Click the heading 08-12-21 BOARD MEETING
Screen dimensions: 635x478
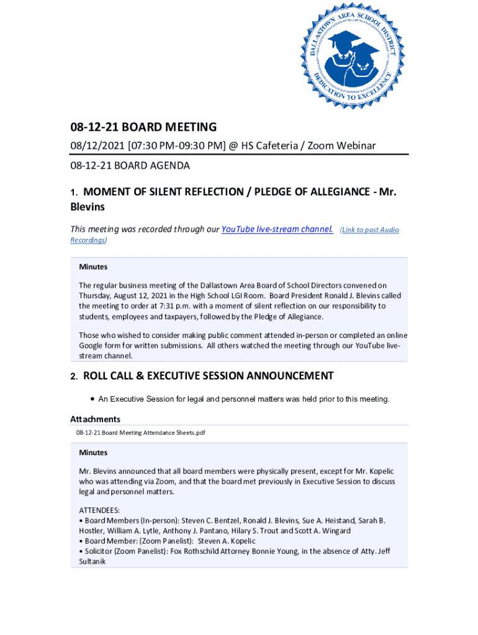point(143,128)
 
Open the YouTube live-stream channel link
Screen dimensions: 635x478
point(277,229)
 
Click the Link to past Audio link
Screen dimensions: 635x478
point(369,230)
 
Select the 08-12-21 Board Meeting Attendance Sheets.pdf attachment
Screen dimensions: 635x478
point(140,433)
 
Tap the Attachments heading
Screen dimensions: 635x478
point(95,419)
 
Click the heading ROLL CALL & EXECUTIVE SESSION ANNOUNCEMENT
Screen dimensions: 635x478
point(208,376)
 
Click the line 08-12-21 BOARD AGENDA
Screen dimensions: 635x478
point(130,166)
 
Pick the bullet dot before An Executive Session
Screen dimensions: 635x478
point(92,399)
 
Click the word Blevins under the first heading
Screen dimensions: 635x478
point(88,206)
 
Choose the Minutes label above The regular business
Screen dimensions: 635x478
point(93,267)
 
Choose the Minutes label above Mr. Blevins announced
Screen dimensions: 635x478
point(93,453)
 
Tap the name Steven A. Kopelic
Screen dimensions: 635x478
point(227,541)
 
